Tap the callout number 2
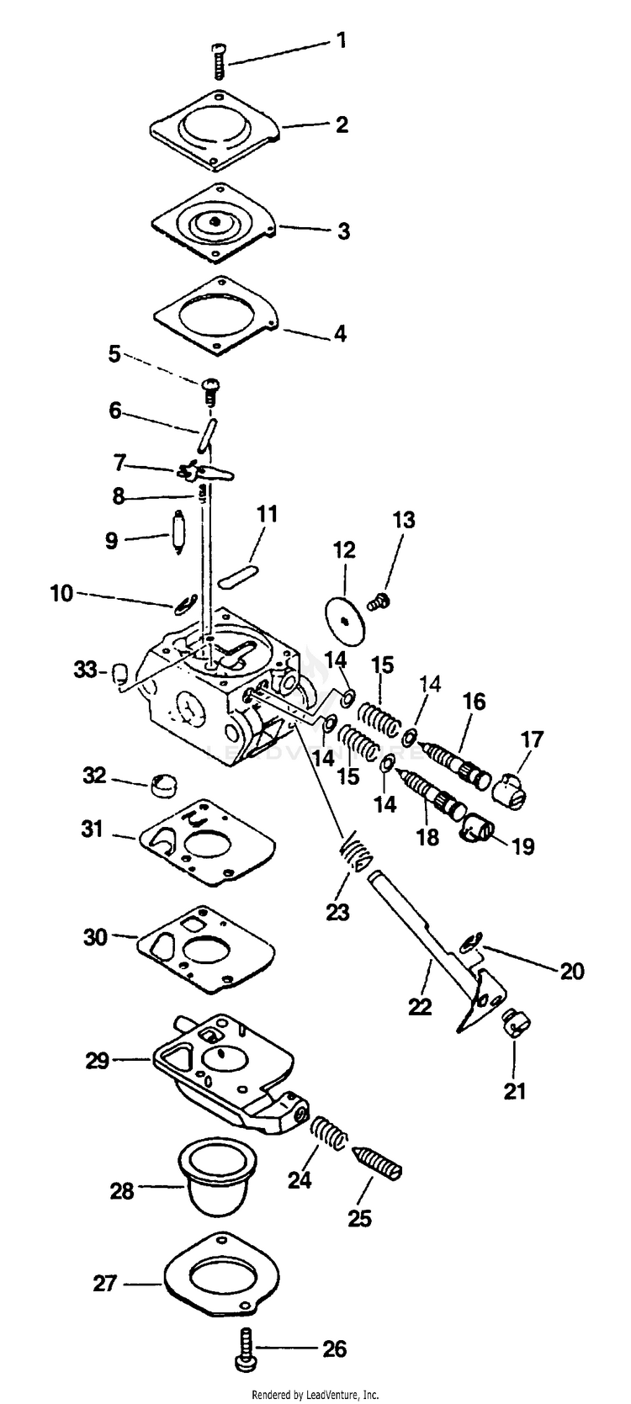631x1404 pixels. click(342, 125)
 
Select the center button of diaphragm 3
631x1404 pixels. click(216, 220)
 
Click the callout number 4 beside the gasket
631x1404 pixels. click(340, 334)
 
